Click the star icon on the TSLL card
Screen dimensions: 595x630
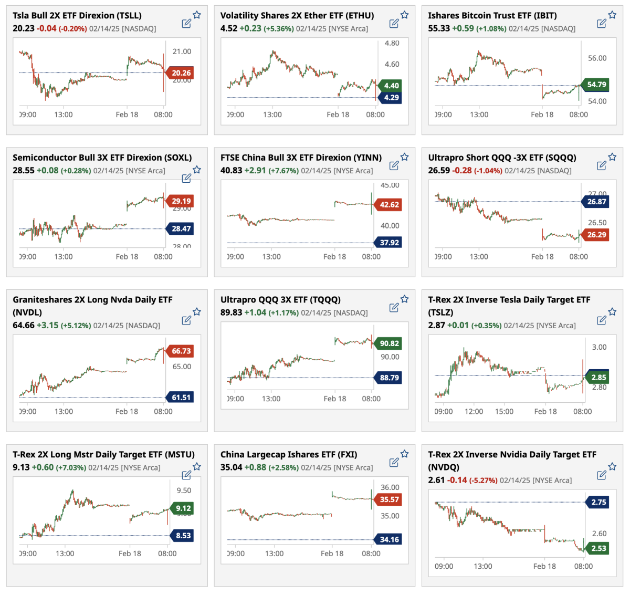point(197,15)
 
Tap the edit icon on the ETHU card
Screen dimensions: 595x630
point(394,23)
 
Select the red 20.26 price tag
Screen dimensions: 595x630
point(181,73)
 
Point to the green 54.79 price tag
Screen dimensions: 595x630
point(596,85)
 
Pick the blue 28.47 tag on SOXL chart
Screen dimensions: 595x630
point(181,229)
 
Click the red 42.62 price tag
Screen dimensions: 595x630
point(389,205)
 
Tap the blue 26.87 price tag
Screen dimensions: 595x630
point(596,202)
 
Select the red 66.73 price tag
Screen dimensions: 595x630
point(181,351)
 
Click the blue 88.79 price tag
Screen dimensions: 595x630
point(389,378)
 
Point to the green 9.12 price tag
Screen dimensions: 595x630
point(183,508)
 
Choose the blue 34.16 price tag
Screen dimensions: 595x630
point(389,539)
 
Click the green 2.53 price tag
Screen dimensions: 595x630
point(598,548)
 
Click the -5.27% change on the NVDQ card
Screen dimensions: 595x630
point(483,481)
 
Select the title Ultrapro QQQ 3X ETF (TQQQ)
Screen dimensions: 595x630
point(280,300)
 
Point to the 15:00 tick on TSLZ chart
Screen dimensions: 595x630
point(504,412)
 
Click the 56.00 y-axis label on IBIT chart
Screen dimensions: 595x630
point(597,58)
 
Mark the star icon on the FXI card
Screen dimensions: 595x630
point(405,454)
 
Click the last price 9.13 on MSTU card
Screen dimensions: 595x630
point(21,467)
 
